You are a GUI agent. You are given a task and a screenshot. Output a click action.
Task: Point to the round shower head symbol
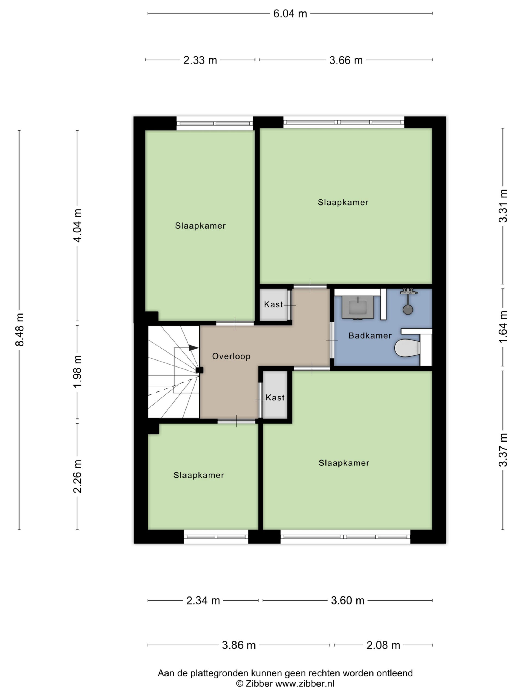click(x=408, y=310)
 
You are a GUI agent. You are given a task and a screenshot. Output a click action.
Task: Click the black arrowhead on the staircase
click(x=194, y=348)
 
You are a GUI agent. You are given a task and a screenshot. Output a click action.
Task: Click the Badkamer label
click(x=370, y=335)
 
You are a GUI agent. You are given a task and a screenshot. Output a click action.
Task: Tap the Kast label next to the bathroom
click(x=274, y=304)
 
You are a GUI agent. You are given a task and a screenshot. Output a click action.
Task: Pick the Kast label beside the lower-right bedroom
click(x=275, y=397)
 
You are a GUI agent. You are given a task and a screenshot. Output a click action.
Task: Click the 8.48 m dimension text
click(x=20, y=330)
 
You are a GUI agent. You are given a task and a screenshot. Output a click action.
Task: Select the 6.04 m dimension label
click(x=290, y=14)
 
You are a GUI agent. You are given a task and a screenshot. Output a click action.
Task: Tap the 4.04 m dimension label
click(x=77, y=225)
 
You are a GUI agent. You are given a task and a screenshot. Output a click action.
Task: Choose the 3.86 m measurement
click(x=238, y=645)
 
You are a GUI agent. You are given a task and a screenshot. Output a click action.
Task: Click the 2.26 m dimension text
click(x=77, y=476)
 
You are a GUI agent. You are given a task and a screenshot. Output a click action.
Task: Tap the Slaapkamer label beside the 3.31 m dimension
click(x=343, y=202)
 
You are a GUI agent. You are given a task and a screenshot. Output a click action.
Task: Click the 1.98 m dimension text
click(x=77, y=372)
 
